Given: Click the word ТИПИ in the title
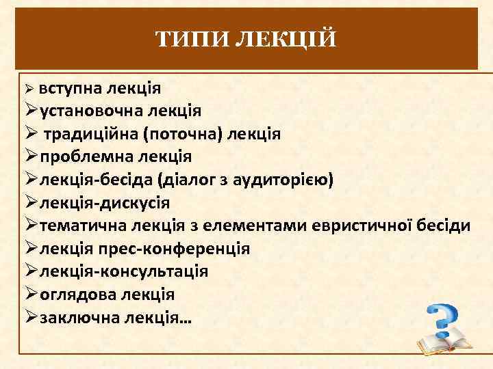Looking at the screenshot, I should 194,39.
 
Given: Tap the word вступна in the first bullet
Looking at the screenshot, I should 69,88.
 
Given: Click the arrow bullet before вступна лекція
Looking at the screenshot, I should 28,90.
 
